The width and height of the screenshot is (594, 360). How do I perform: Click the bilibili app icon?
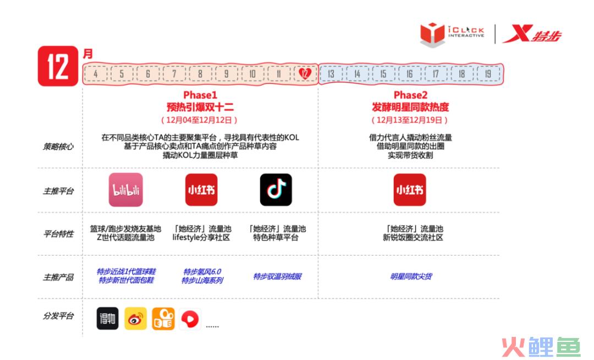(126, 190)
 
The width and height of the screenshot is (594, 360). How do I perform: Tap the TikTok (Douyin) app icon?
(276, 190)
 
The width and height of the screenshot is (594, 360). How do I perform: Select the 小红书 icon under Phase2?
(410, 190)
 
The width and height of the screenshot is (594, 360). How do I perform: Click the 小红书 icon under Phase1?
(201, 190)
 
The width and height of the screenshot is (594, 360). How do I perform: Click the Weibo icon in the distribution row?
(136, 318)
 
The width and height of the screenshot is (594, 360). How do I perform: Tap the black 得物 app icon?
(108, 318)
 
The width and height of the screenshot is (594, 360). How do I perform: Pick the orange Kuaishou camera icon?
(163, 318)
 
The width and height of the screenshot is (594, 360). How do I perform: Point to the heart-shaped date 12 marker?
(305, 74)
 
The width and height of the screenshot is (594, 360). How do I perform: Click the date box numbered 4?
(96, 74)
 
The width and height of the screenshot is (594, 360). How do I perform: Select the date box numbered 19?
(488, 74)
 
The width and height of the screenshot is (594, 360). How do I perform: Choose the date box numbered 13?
(331, 74)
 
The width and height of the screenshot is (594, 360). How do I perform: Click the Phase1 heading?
(200, 95)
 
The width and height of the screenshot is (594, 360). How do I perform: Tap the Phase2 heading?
(410, 95)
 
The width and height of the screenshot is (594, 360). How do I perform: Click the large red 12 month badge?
(58, 67)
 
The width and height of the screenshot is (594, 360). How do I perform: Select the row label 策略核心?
(58, 147)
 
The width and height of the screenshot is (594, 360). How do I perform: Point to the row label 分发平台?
(58, 315)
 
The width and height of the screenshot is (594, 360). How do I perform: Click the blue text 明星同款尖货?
(411, 276)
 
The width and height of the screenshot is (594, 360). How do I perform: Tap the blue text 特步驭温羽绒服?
(277, 276)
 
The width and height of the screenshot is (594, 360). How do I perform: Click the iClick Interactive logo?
(452, 34)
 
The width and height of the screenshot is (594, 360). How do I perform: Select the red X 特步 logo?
(532, 34)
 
